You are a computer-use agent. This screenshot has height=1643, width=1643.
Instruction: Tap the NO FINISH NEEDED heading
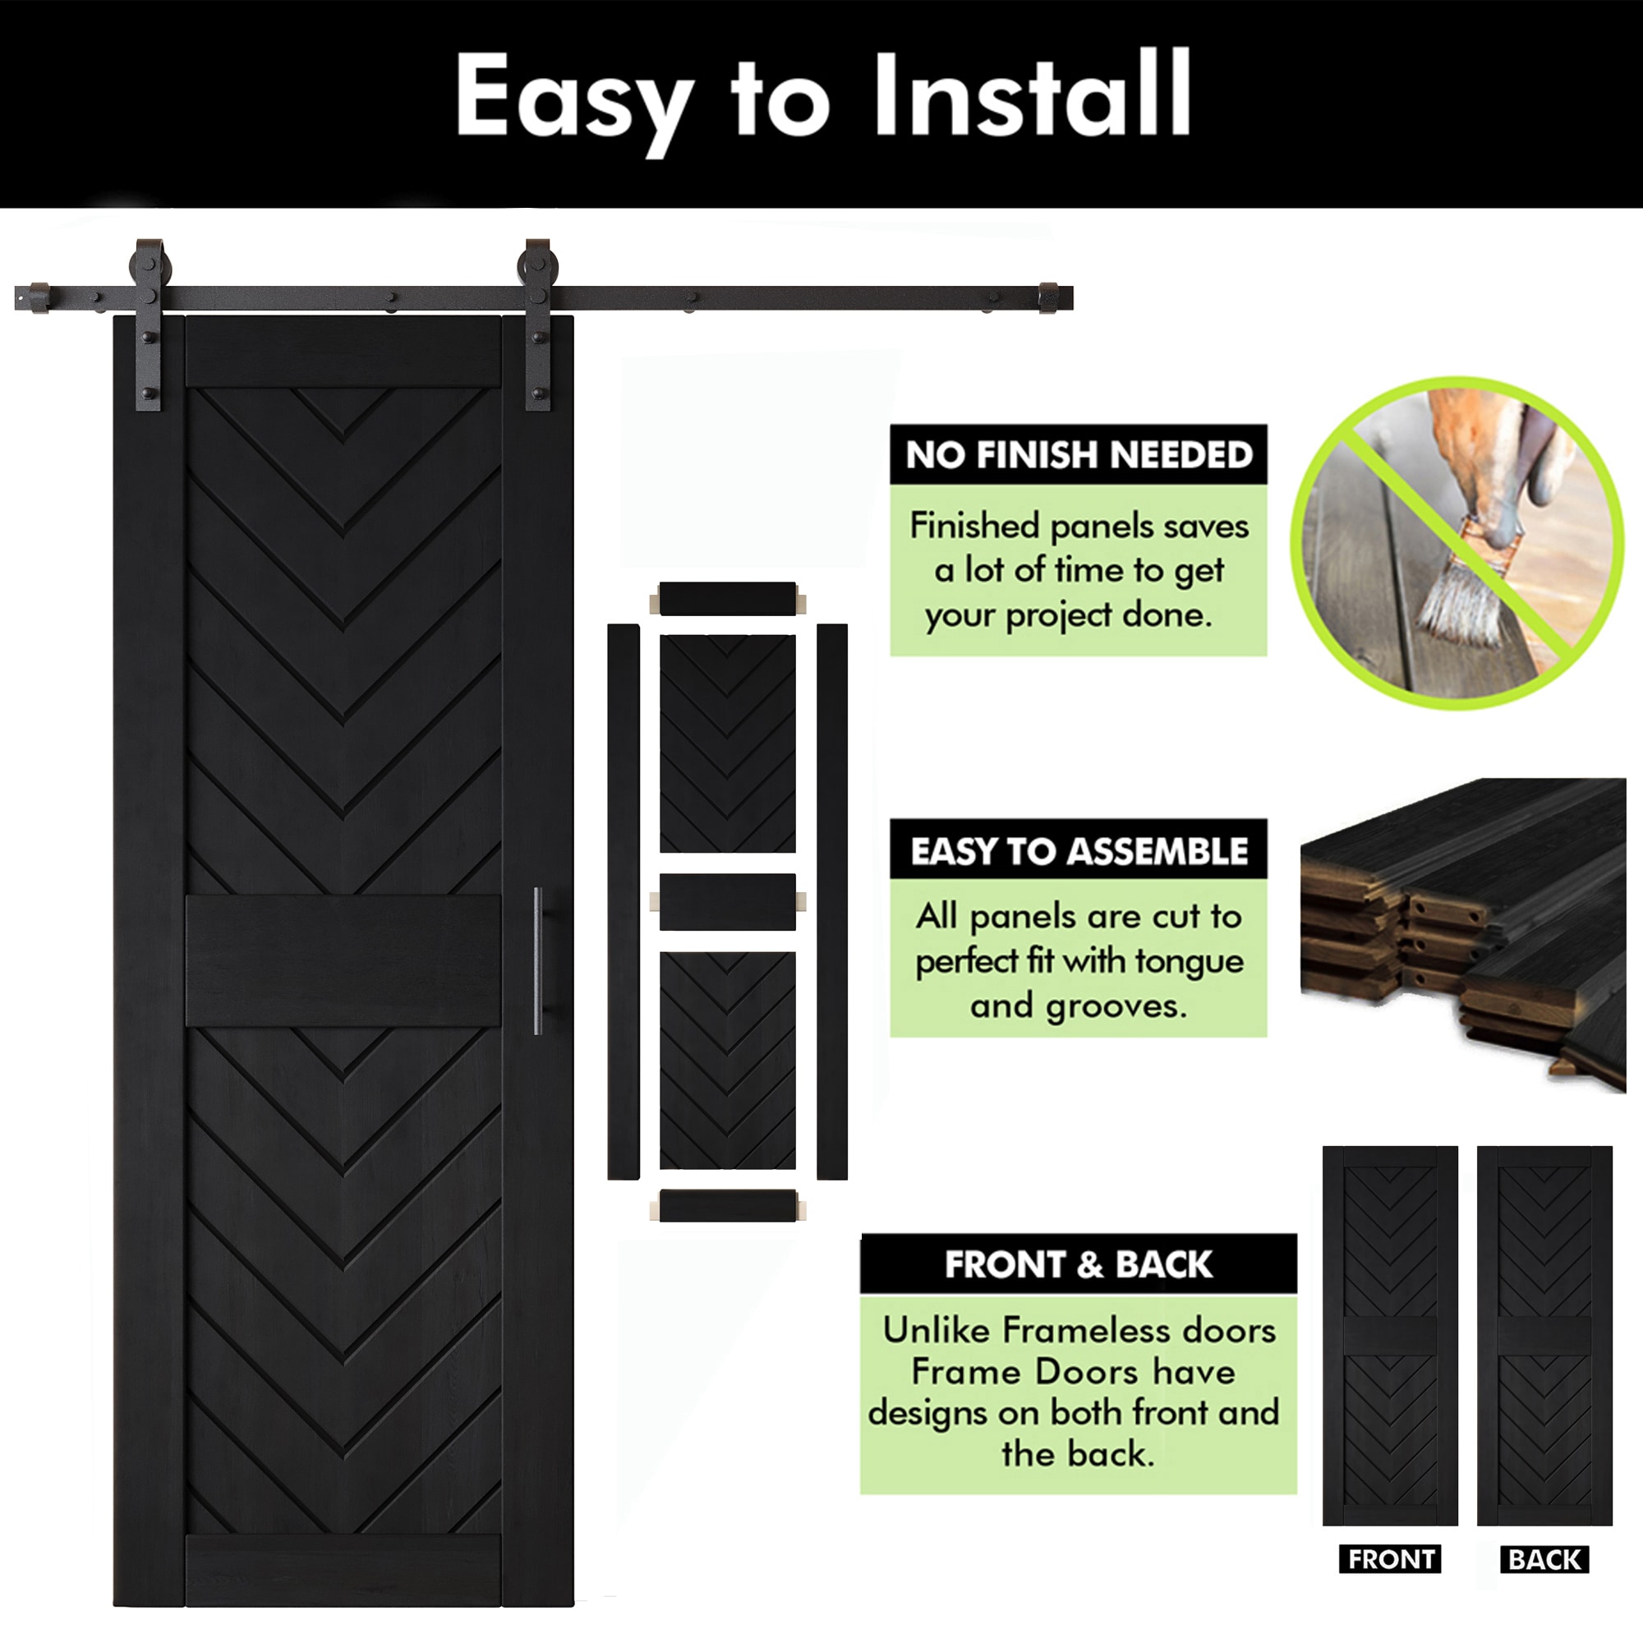coord(1079,455)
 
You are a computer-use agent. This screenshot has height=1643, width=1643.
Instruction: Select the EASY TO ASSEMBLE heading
coord(1079,851)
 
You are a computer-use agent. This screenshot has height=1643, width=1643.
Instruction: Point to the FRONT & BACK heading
coord(1079,1264)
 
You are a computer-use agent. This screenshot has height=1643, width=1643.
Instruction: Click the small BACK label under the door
coord(1544,1559)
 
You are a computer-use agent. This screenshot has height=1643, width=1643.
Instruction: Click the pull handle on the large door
coord(538,961)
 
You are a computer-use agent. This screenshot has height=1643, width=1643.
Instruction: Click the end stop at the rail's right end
coord(1048,297)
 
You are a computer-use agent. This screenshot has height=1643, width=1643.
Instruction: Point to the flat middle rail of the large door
coord(343,960)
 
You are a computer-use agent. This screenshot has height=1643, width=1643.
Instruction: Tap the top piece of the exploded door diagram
coord(727,599)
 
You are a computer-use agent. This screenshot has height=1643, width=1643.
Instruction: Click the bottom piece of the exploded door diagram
coord(727,1206)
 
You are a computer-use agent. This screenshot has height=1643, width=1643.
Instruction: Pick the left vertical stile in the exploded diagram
coord(624,901)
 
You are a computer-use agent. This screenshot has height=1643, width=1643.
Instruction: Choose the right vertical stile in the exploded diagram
coord(831,901)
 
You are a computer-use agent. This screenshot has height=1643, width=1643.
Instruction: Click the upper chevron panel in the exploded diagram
coord(727,743)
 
